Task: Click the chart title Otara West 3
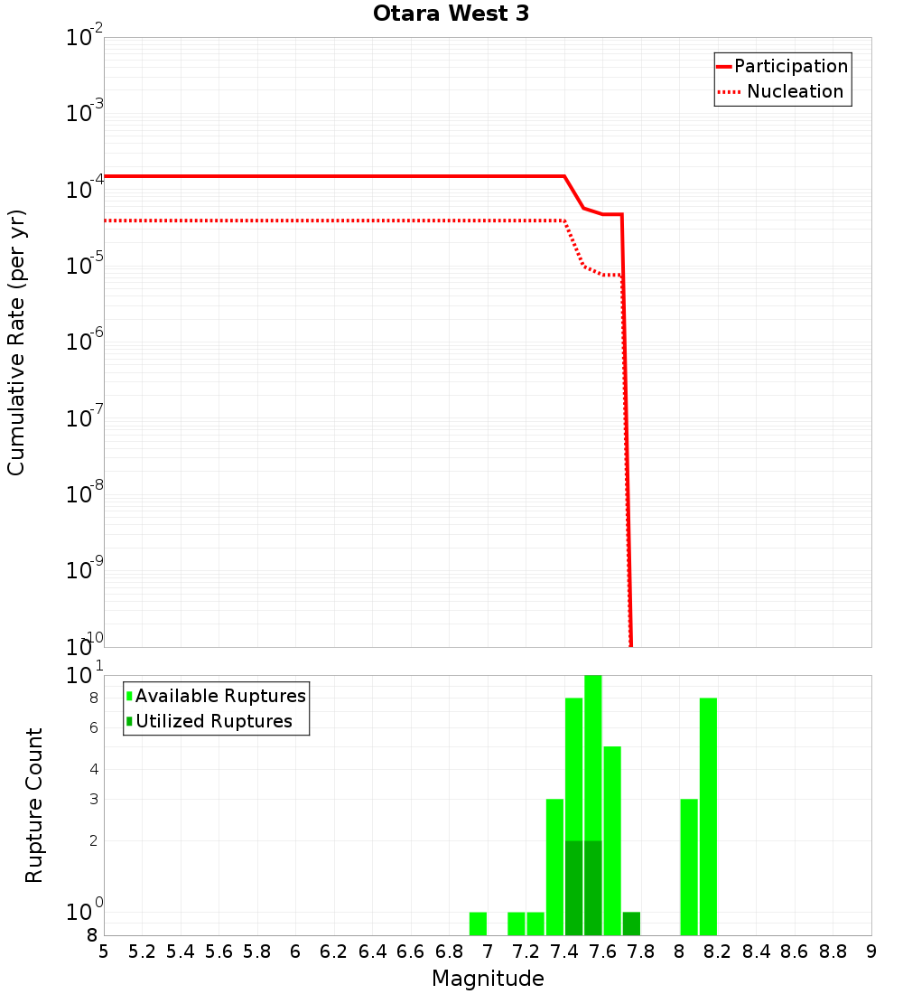[451, 14]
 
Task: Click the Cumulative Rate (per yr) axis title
[16, 342]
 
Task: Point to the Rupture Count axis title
[34, 805]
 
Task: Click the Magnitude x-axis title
[488, 979]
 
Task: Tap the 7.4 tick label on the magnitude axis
[564, 952]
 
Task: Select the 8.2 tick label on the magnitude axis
[718, 952]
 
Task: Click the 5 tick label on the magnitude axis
[104, 952]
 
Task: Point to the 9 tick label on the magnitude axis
[871, 952]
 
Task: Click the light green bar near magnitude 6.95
[479, 924]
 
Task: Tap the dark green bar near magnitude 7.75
[631, 924]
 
